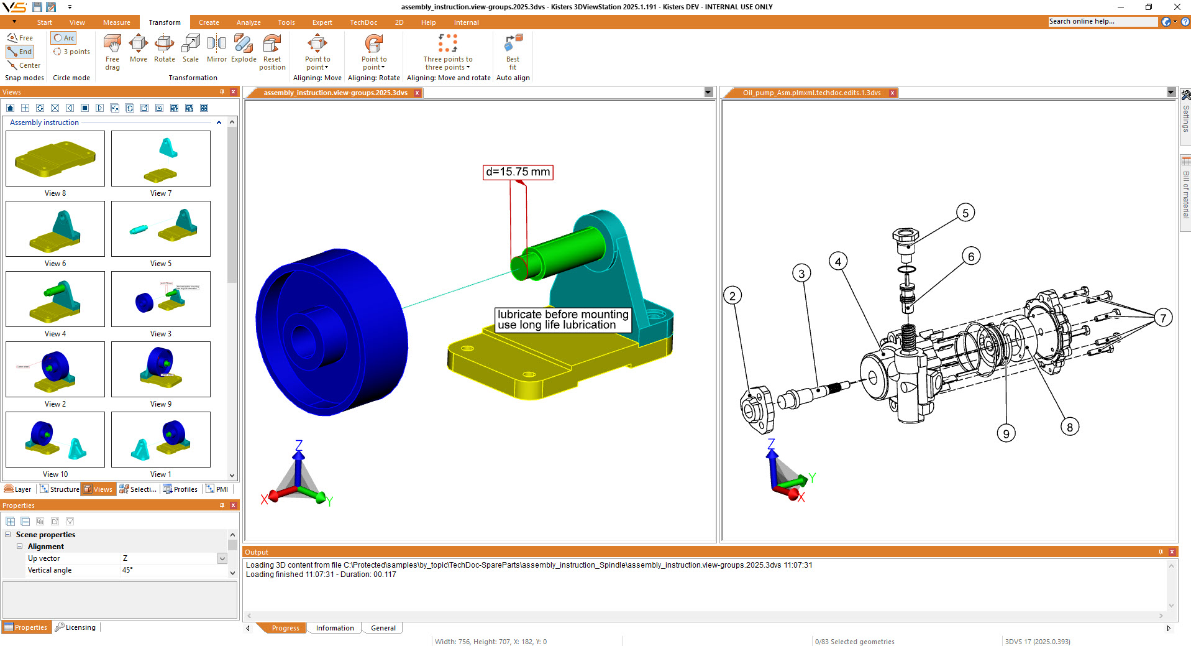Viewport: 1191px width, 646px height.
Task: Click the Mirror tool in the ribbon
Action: pos(216,48)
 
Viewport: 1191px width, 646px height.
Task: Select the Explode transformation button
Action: pos(244,48)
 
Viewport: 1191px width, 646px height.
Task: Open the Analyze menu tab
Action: pos(249,22)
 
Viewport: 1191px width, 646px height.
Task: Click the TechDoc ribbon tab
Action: pos(363,22)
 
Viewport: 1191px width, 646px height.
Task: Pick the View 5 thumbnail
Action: pos(161,229)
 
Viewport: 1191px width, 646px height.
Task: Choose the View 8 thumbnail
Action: pos(55,159)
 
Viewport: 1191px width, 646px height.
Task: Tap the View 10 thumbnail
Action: pos(55,440)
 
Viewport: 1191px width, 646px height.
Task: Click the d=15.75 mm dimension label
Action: pos(518,172)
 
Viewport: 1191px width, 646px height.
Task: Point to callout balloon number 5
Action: pos(965,213)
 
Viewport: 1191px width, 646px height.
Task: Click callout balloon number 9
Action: pos(1006,433)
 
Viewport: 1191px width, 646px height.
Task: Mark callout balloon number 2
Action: pos(732,296)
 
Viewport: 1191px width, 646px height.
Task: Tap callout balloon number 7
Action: pos(1163,318)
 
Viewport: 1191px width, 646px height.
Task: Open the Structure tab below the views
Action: pos(60,489)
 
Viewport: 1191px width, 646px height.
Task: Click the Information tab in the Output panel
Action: pos(335,628)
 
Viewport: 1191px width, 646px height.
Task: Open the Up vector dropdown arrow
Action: pos(222,558)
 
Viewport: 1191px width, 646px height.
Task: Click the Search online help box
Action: pos(1102,22)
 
